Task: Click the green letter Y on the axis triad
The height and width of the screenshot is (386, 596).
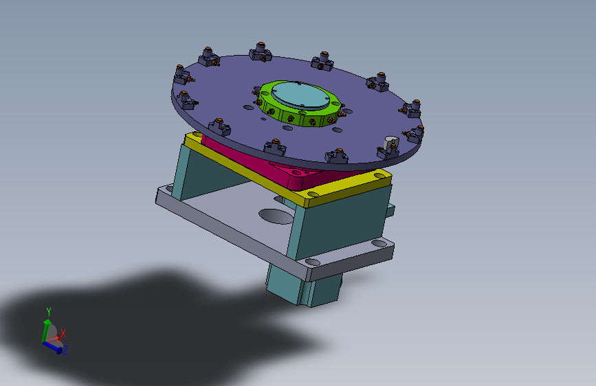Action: [49, 312]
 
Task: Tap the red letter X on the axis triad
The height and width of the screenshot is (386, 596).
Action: [63, 334]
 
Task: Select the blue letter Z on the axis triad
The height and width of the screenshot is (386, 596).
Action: [65, 350]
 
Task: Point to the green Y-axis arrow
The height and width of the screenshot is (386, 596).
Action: [46, 330]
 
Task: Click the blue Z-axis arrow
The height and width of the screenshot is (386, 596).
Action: [52, 347]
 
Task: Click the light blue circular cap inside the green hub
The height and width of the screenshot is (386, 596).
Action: [300, 95]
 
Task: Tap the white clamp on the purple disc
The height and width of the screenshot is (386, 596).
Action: [390, 144]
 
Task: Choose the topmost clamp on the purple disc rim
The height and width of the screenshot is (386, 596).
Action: [261, 52]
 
